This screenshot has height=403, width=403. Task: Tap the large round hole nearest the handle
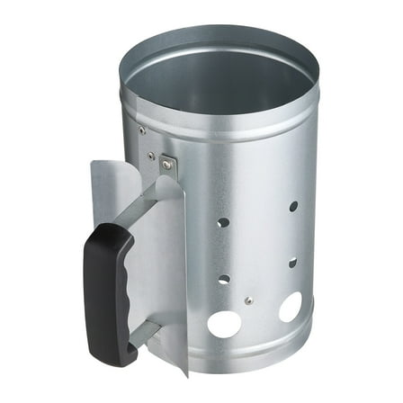coord(224,322)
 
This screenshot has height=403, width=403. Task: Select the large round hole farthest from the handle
coord(290,308)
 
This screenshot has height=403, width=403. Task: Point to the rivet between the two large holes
coord(248,300)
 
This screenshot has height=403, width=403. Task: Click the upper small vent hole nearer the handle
coord(224,221)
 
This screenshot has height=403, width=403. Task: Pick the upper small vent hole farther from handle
coord(293,206)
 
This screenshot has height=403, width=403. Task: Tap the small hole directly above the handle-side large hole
coord(224,279)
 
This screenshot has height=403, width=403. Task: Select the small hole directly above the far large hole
coord(292,264)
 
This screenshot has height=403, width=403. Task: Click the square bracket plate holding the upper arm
coord(167,165)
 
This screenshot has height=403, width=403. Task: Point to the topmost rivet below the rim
coord(141,130)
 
